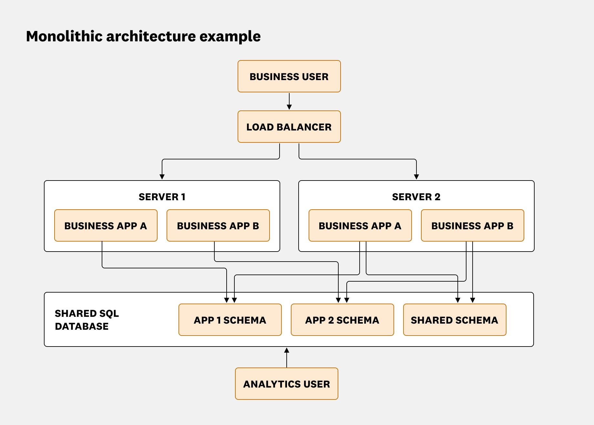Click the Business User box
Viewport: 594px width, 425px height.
click(x=289, y=76)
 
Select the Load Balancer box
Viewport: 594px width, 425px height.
click(x=289, y=127)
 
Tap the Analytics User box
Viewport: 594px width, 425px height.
click(x=286, y=384)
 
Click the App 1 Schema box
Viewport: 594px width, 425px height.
click(x=230, y=320)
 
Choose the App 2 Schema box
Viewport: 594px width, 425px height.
click(x=342, y=320)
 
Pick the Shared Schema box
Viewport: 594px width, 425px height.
click(x=455, y=320)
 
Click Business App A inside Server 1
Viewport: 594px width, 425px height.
click(x=106, y=225)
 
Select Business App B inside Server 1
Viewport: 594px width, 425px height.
click(x=218, y=225)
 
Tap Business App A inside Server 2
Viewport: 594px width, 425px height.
click(x=360, y=225)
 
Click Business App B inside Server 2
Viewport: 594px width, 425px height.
click(x=472, y=225)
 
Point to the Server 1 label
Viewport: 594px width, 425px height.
click(x=162, y=197)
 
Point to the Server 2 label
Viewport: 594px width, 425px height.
click(x=416, y=197)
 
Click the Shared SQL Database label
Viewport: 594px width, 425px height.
click(x=87, y=320)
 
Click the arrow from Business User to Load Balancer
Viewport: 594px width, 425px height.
click(x=289, y=101)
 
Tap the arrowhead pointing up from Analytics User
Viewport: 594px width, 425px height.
click(x=286, y=350)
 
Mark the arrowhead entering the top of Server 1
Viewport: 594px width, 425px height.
click(x=162, y=177)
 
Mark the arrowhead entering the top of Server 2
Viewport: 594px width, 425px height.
click(x=416, y=177)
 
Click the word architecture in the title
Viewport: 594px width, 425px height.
click(x=151, y=36)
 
